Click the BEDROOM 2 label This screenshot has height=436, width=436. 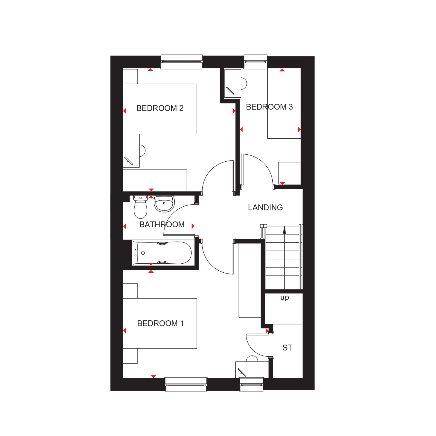160,108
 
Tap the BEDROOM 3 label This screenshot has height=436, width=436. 269,107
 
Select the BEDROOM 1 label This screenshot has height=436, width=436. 160,323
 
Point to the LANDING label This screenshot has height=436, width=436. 265,207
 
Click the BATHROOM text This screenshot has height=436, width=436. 162,224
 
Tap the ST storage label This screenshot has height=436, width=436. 287,348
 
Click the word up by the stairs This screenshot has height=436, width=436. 285,298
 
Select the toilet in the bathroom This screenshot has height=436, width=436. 140,207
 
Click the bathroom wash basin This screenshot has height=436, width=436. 164,204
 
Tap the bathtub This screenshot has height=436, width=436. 162,253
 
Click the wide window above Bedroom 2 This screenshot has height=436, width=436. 182,62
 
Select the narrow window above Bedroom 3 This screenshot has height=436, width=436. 255,62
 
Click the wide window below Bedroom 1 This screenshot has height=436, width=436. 186,385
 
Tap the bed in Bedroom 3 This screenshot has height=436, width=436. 284,103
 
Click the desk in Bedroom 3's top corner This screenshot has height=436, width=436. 233,83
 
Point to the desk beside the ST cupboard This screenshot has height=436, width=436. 252,370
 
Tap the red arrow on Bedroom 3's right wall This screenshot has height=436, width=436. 299,130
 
